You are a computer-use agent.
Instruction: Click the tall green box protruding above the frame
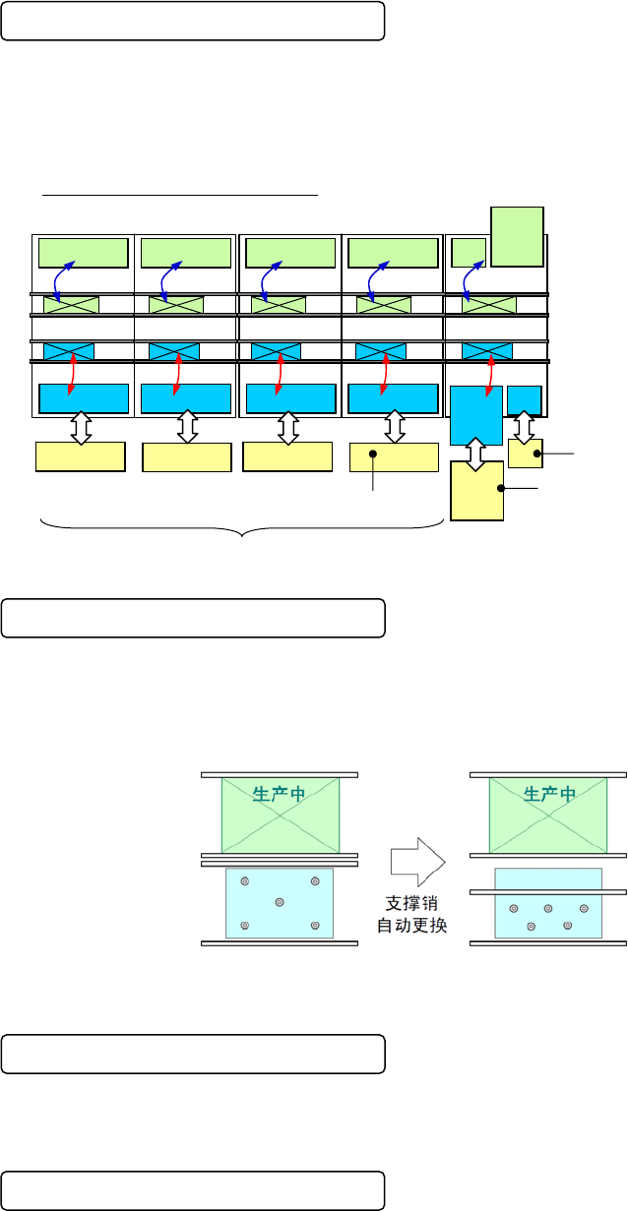517,236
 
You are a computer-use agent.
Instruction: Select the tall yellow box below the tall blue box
476,490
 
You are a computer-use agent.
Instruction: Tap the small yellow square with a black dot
525,454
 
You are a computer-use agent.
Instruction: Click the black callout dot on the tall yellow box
501,488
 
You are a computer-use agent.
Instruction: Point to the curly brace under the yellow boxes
242,531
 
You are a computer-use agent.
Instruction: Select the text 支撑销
411,903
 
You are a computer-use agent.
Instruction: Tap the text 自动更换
411,926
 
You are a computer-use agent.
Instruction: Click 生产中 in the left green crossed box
280,796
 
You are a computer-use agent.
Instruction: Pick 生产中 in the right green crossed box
549,796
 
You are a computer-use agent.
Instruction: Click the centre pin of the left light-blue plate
280,902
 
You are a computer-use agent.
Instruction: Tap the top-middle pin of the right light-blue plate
548,908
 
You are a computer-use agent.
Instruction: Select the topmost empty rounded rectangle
192,21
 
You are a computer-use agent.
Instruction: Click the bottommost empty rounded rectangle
192,1190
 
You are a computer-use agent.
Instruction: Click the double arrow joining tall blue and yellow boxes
475,454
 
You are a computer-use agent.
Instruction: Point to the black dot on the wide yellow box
373,454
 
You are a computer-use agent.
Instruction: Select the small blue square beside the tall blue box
524,399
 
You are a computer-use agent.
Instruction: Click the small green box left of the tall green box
468,252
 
